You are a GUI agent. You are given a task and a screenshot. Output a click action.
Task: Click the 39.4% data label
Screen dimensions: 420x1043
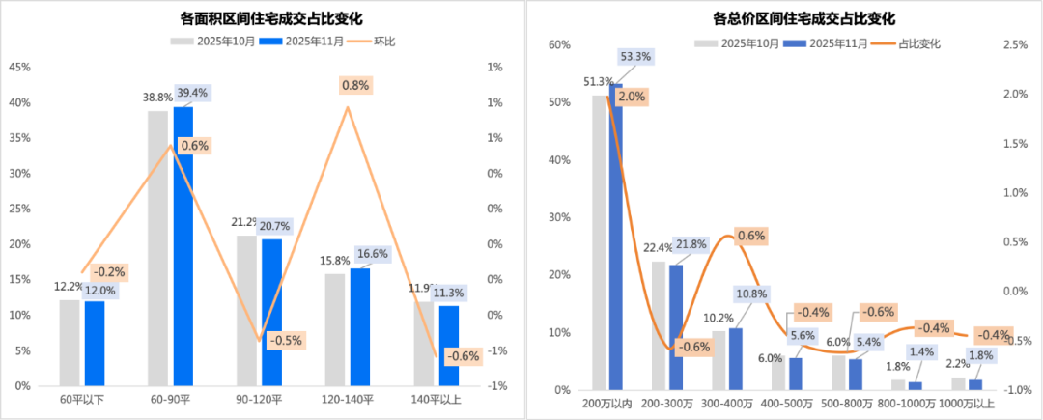(190, 93)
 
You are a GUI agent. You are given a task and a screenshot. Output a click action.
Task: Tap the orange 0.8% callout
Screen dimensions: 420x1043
(354, 85)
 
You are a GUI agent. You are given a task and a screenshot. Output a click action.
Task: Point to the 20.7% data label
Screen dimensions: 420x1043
(274, 225)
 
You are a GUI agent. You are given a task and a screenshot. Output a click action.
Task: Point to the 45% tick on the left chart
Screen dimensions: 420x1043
(19, 68)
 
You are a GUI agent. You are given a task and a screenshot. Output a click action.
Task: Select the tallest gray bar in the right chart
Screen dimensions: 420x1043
(598, 241)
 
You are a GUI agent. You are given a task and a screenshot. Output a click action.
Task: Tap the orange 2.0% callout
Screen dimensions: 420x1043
(632, 97)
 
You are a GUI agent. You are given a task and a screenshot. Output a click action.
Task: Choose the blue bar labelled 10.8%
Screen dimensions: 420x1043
(736, 358)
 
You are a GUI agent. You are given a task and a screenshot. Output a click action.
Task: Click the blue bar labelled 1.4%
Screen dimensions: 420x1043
(915, 385)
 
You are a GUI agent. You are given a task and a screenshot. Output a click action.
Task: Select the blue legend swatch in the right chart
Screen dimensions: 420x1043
(794, 43)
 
